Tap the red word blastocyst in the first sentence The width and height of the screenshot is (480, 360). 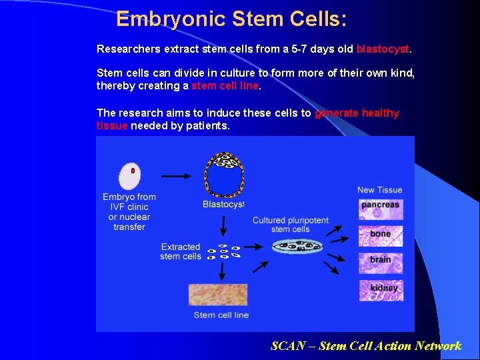pos(383,49)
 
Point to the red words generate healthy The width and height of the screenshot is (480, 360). pos(357,113)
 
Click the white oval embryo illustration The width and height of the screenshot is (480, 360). pos(129,176)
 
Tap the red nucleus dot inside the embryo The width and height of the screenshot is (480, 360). pos(133,171)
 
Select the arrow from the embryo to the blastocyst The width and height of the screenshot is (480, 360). pos(176,176)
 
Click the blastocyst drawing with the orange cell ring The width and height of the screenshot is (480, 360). pos(224,175)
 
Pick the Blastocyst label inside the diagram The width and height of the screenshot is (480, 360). pos(223,204)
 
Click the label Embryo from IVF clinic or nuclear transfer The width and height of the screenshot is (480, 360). pos(129,211)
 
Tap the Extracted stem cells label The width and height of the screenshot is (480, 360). pos(180,251)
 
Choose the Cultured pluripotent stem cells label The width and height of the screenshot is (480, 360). pos(291,225)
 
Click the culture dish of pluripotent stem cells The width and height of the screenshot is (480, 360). pos(297,247)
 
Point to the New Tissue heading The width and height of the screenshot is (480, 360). pos(379,190)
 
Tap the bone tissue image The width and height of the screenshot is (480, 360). pos(381,235)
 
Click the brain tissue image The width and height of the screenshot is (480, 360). pos(381,261)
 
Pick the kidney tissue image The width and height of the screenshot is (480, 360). pos(381,289)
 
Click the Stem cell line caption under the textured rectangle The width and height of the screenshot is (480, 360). pos(221,315)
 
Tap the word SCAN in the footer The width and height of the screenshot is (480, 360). pos(287,345)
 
